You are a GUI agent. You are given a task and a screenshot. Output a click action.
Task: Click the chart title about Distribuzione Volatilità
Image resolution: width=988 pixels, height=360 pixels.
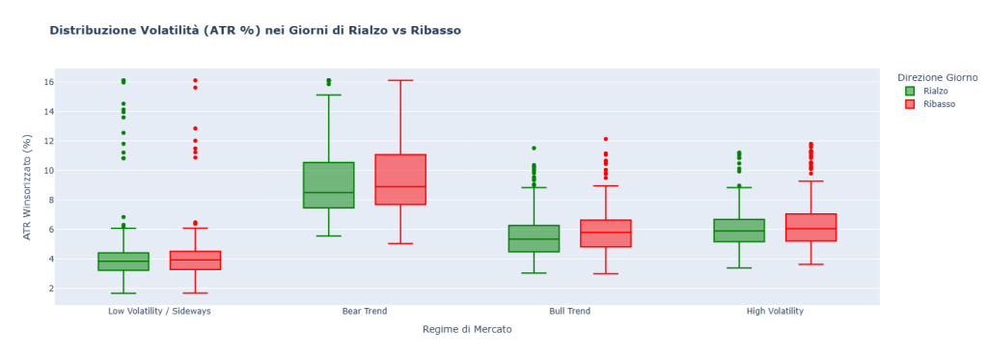tap(255, 31)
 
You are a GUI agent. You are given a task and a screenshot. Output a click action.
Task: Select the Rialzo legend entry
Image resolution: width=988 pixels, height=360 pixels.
tap(935, 91)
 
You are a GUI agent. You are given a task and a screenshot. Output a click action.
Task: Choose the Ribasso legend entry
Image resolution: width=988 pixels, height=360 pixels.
tap(938, 104)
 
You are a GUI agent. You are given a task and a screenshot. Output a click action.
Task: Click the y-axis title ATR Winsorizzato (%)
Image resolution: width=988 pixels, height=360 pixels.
tap(27, 187)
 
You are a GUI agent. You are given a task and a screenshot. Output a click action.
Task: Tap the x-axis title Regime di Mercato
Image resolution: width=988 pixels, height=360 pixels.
tap(467, 329)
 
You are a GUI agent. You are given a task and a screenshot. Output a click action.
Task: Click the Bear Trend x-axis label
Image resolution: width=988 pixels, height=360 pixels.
tap(365, 312)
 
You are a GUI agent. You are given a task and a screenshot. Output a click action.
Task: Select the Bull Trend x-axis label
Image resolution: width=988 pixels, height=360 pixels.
tap(569, 312)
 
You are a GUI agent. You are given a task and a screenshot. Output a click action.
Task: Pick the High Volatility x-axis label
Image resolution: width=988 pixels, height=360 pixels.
tap(775, 312)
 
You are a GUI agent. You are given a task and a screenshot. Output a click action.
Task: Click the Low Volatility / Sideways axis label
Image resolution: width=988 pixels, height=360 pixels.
tap(159, 312)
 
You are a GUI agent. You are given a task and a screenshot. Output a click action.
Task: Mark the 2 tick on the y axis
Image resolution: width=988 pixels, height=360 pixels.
tap(45, 289)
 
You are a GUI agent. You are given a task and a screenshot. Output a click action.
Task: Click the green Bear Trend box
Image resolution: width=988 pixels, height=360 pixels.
tap(328, 184)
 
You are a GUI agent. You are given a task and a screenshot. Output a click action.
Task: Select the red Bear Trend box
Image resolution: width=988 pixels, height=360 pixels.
tap(400, 180)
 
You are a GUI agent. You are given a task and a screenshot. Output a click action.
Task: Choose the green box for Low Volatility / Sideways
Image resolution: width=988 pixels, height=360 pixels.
tap(123, 262)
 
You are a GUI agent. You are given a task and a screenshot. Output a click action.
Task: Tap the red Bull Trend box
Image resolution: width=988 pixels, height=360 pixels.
tap(606, 234)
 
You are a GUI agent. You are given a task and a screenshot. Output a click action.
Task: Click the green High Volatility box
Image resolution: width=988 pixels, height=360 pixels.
tap(739, 231)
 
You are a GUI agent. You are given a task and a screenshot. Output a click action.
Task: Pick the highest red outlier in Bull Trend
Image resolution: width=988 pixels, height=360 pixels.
tap(606, 139)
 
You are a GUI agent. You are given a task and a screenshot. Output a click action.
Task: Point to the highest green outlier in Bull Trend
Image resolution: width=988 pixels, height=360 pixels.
tap(534, 148)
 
